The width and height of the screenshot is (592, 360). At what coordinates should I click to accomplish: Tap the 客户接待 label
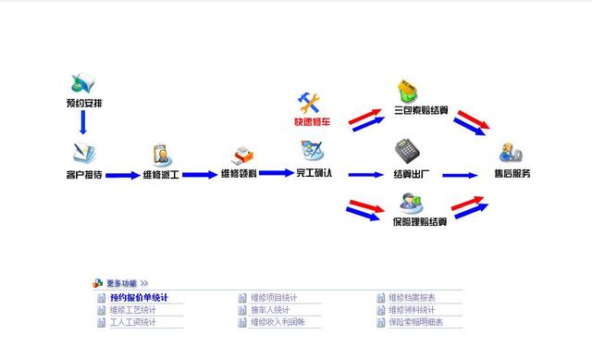tap(83, 174)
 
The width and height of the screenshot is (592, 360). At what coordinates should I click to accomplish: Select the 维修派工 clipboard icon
tap(160, 154)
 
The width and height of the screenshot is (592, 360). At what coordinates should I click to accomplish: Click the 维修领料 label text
tap(239, 174)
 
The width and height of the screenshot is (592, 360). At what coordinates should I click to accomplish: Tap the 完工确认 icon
tap(312, 150)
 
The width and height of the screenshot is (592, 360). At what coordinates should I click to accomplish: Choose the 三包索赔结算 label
tap(420, 111)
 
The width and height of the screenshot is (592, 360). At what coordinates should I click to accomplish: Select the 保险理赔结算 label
tap(420, 222)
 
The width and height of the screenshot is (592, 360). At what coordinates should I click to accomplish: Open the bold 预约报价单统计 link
tap(139, 298)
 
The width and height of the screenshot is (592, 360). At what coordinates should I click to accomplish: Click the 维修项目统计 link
tap(275, 298)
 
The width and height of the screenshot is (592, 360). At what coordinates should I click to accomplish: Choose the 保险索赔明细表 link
tap(415, 322)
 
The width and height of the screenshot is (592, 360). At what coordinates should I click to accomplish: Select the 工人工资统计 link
tap(132, 322)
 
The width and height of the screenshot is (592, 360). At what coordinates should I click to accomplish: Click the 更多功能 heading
tap(122, 283)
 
